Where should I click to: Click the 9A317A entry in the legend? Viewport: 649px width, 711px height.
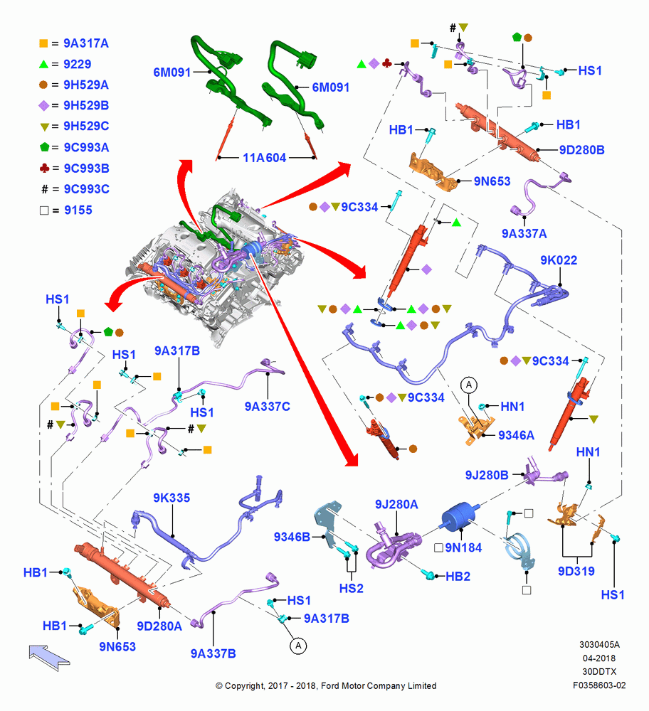click(x=86, y=43)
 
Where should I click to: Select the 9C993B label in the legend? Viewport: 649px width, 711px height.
click(x=86, y=169)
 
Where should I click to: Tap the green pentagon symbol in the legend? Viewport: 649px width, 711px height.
click(x=45, y=147)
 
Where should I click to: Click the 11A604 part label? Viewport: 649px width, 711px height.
click(x=265, y=158)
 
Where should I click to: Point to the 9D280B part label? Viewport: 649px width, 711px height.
click(x=582, y=150)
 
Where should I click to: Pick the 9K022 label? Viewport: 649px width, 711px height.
click(x=559, y=260)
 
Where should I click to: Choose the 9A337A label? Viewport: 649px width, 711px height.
click(x=524, y=233)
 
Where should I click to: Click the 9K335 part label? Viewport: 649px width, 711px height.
click(x=172, y=498)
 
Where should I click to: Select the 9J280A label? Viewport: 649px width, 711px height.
click(x=396, y=504)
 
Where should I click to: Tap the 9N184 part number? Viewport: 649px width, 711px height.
click(x=463, y=547)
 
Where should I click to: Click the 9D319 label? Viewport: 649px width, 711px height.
click(x=576, y=572)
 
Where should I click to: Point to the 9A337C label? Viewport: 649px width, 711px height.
click(x=268, y=407)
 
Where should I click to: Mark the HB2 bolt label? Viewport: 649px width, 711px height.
click(x=458, y=577)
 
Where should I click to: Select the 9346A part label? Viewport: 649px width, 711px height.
click(x=517, y=435)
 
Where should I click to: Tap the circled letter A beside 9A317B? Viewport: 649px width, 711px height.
click(x=298, y=646)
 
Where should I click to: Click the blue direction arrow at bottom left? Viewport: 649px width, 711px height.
click(x=49, y=656)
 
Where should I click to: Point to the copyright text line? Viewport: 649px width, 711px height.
click(x=326, y=686)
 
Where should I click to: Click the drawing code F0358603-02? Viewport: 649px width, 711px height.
click(x=599, y=685)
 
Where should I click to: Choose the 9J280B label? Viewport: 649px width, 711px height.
click(x=487, y=475)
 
